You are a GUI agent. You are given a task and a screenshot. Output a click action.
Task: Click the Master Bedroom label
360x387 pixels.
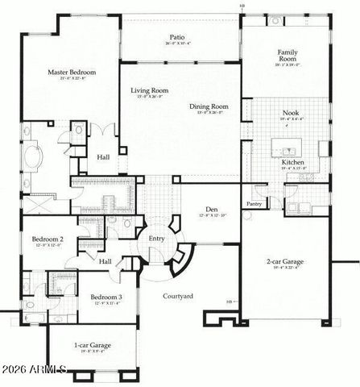[67, 73]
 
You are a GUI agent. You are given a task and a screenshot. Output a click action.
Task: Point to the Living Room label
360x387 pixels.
[149, 90]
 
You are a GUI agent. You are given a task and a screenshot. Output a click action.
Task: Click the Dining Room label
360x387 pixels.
[209, 106]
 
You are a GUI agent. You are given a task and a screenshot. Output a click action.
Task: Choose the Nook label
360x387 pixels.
[291, 114]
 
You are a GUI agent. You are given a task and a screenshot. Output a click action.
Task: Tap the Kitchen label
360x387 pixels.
[292, 162]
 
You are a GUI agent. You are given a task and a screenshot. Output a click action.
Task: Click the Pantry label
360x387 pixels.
[254, 204]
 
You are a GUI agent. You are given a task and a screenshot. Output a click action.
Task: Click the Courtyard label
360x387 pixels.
[177, 296]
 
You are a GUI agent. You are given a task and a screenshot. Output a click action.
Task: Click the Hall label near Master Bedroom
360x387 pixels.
[103, 157]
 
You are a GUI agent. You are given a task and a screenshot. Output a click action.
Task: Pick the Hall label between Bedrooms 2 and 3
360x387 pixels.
[105, 261]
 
